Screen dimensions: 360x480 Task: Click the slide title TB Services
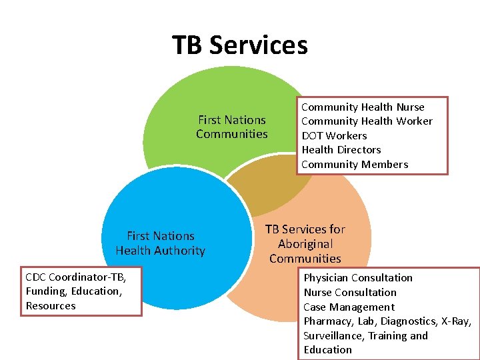point(240,45)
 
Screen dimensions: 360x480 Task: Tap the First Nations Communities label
point(231,127)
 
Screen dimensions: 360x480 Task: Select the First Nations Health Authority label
point(160,243)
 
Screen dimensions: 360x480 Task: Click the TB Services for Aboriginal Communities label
point(305,243)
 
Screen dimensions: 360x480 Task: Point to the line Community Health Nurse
point(363,107)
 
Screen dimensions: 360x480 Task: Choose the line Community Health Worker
point(367,121)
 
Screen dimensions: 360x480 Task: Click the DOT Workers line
point(334,136)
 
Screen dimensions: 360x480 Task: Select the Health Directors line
point(341,150)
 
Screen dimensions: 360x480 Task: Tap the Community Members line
point(355,165)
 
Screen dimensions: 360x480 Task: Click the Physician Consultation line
point(358,278)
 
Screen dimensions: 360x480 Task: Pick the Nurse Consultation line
point(350,293)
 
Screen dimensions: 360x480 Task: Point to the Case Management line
point(349,307)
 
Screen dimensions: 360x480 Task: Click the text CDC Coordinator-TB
point(75,277)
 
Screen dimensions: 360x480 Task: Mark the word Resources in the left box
point(51,306)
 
